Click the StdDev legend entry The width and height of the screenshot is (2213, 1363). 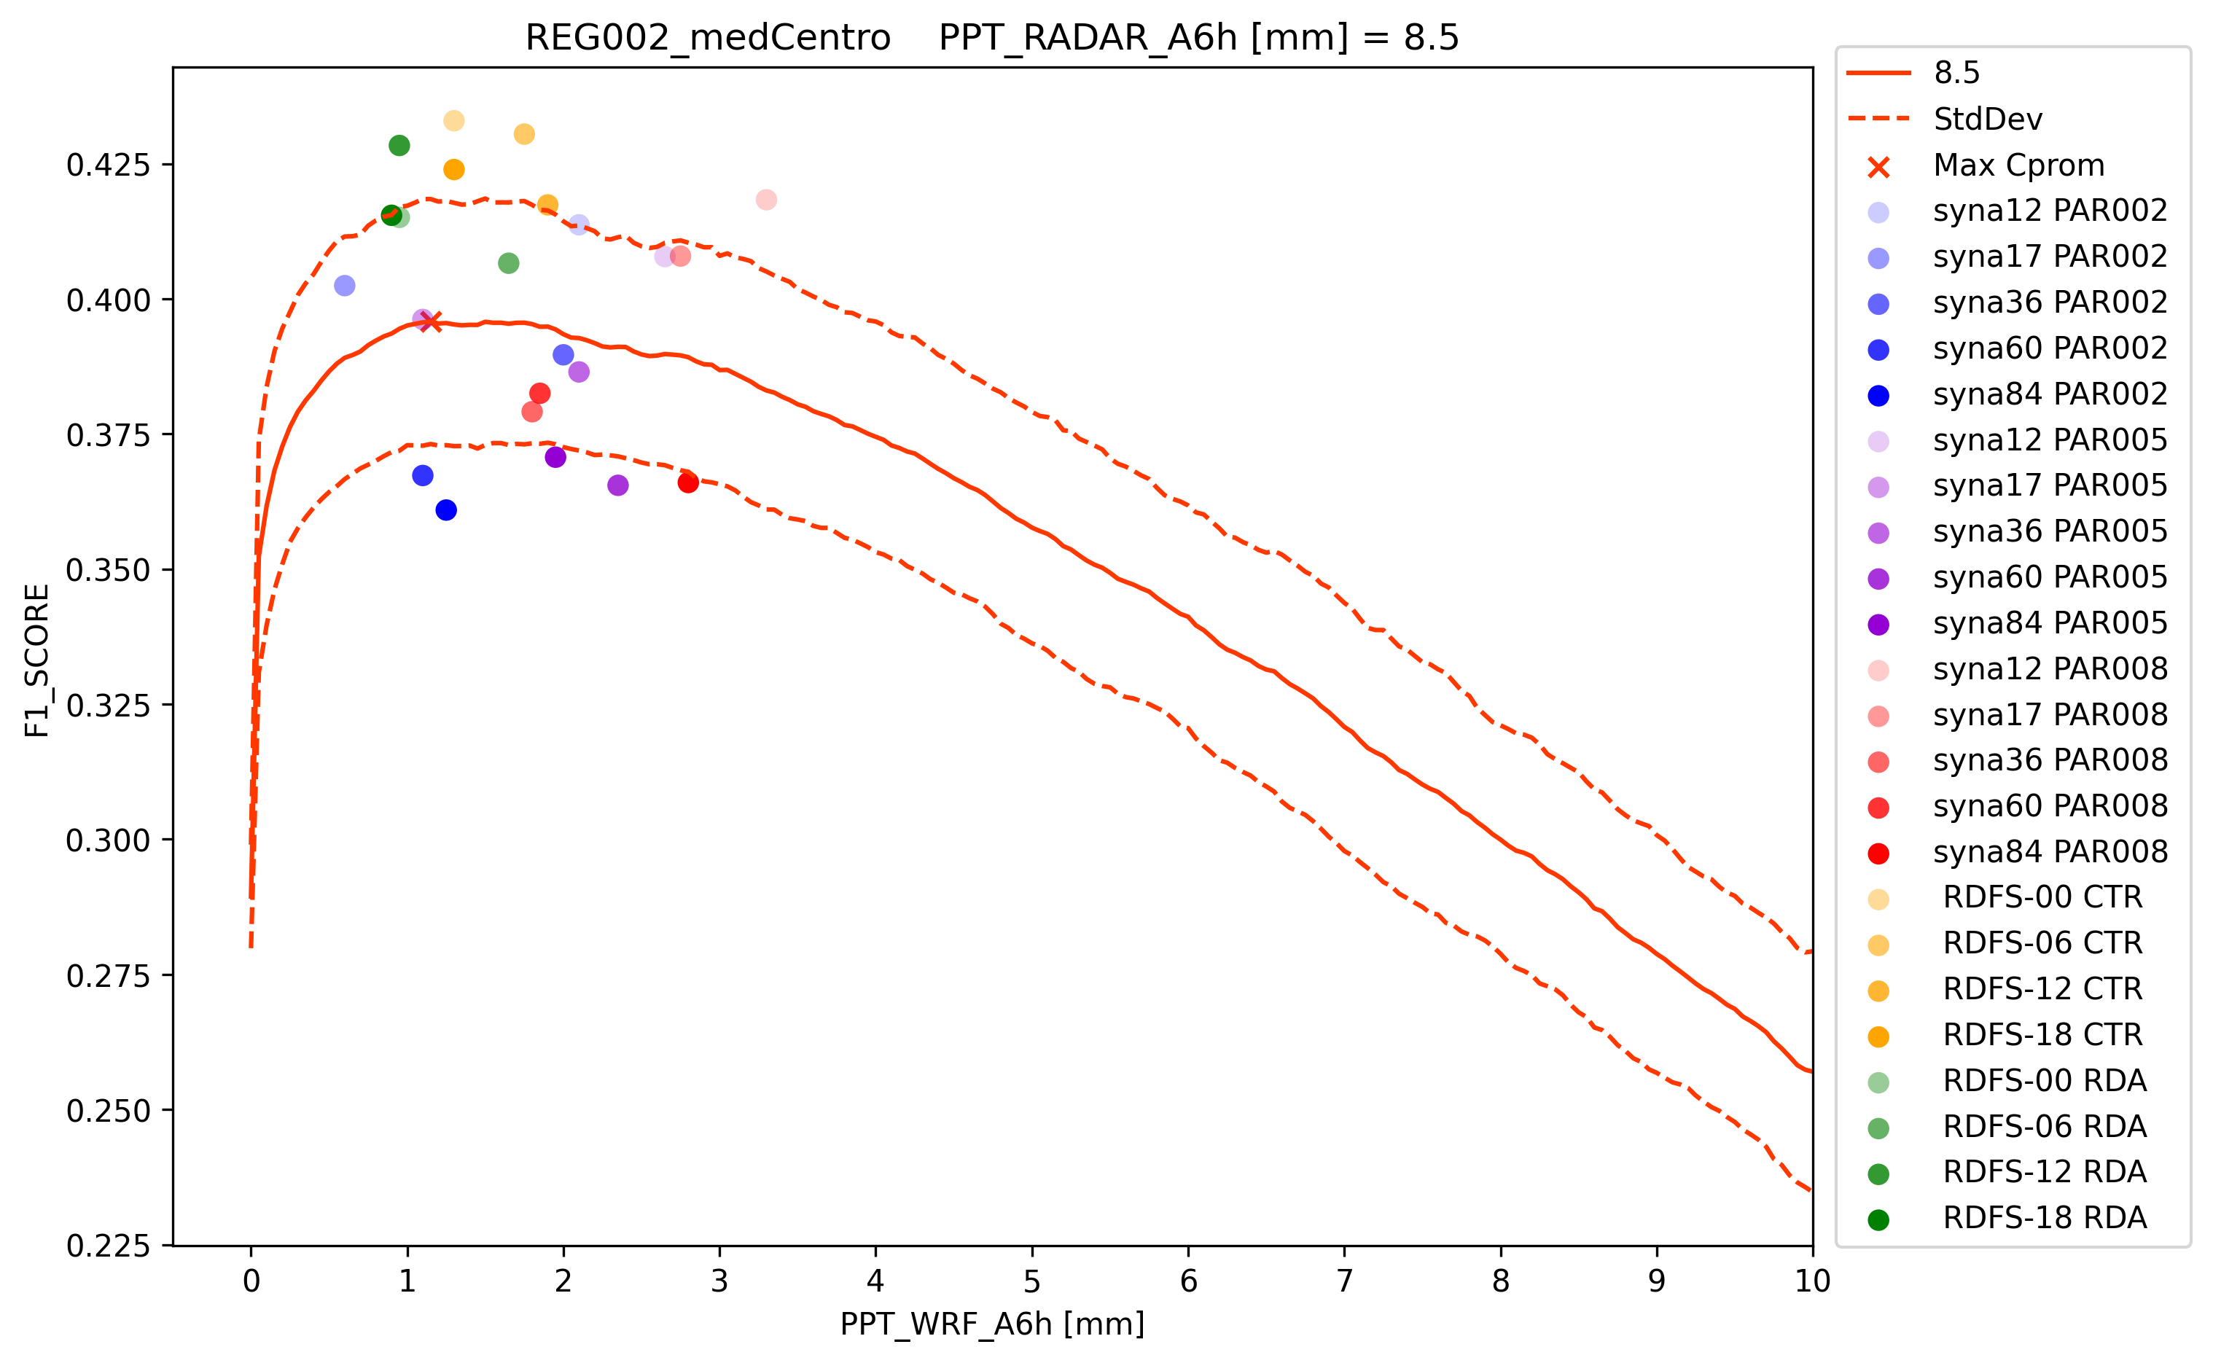point(1988,119)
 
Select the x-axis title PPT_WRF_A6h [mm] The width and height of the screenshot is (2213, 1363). point(991,1324)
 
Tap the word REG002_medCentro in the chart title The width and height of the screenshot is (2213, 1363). point(708,38)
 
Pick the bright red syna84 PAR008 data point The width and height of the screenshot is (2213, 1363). point(688,483)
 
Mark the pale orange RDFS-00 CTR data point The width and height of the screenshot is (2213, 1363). point(453,121)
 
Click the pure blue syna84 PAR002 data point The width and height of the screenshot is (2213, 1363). point(445,510)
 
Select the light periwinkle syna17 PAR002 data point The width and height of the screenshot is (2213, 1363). point(344,286)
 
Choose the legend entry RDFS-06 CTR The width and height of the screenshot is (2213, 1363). point(2042,943)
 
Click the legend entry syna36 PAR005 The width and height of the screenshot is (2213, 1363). point(2049,531)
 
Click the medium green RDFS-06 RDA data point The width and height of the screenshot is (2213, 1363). point(508,263)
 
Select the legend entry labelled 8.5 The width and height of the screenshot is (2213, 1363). point(1956,73)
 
